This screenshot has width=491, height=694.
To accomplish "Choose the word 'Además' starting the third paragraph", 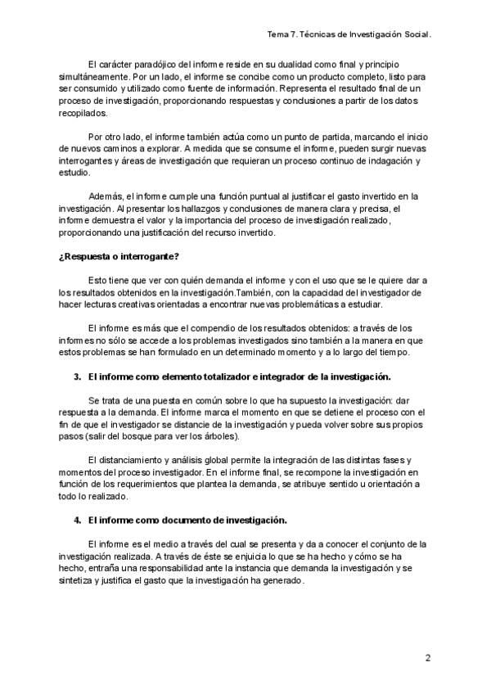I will [x=102, y=196].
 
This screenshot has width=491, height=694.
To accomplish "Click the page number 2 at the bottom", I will [x=428, y=658].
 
